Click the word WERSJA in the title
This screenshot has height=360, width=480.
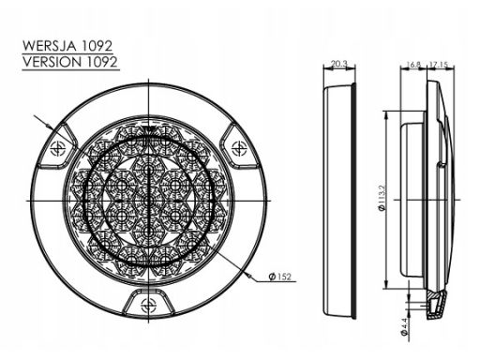(x=50, y=46)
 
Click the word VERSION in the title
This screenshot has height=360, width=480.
(x=52, y=62)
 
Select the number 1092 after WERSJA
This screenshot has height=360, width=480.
(x=97, y=46)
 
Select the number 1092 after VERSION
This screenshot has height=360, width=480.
(x=101, y=62)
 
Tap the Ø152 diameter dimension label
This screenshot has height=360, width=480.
(x=280, y=277)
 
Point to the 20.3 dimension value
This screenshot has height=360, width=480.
(x=339, y=64)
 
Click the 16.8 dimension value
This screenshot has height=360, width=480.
(x=413, y=65)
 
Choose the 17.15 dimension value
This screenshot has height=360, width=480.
(x=439, y=65)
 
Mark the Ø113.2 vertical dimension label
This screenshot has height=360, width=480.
(x=382, y=198)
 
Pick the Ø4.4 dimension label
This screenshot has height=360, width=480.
(x=404, y=327)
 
